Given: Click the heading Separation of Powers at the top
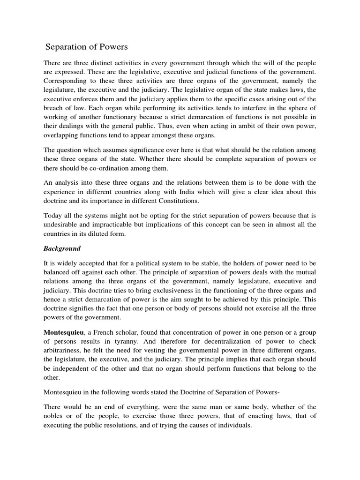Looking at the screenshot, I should pos(86,47).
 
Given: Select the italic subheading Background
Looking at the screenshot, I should pos(62,248).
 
